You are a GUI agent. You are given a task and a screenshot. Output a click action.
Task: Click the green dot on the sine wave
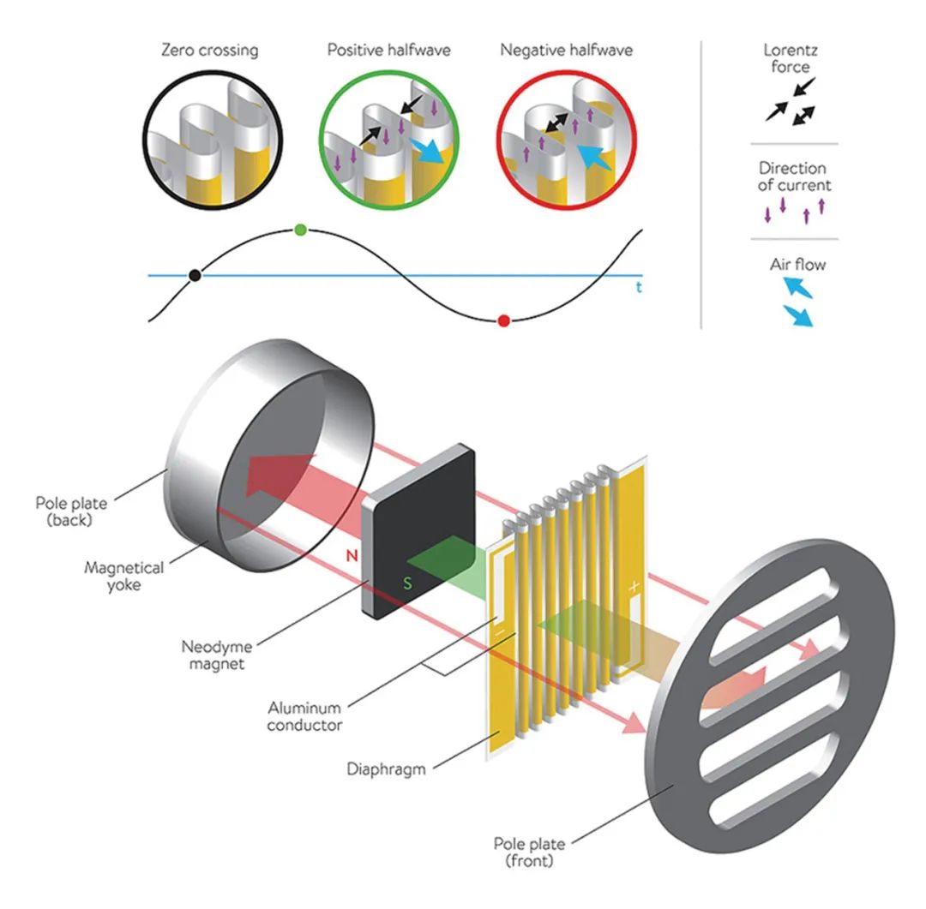click(300, 230)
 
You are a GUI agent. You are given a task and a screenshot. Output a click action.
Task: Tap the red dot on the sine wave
click(504, 321)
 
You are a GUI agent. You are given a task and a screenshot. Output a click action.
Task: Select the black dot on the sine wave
click(195, 275)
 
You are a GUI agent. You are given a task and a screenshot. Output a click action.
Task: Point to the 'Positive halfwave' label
click(388, 50)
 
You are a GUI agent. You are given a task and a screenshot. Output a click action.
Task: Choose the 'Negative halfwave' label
click(567, 50)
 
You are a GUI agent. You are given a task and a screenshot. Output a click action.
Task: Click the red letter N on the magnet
click(352, 557)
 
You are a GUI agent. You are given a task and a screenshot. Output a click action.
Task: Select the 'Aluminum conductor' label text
click(304, 716)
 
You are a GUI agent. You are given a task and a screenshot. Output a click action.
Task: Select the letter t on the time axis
click(639, 288)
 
